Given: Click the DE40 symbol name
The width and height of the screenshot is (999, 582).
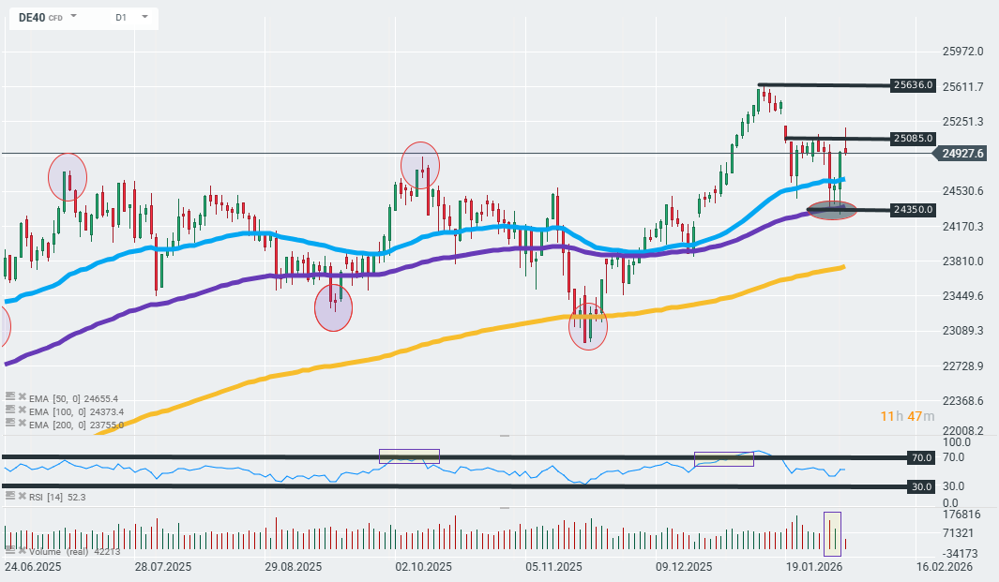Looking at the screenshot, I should (33, 17).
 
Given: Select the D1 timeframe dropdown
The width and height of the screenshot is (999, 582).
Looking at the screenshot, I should (122, 17).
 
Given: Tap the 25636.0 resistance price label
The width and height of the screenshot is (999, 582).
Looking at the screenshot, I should (914, 85).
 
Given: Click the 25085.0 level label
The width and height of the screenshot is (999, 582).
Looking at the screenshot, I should (914, 139).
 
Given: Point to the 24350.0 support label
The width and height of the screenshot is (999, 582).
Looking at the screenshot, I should (914, 210).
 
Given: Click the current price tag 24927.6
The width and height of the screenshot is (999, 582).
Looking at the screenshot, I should (962, 154).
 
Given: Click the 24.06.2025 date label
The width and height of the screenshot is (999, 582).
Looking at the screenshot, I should (34, 567).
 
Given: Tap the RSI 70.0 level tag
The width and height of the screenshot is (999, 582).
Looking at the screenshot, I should (921, 457).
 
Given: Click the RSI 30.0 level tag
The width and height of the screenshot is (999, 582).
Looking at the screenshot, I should (921, 486).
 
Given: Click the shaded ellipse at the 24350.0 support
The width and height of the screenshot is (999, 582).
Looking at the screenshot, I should (832, 210).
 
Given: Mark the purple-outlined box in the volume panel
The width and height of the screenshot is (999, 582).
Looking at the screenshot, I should (832, 532).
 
